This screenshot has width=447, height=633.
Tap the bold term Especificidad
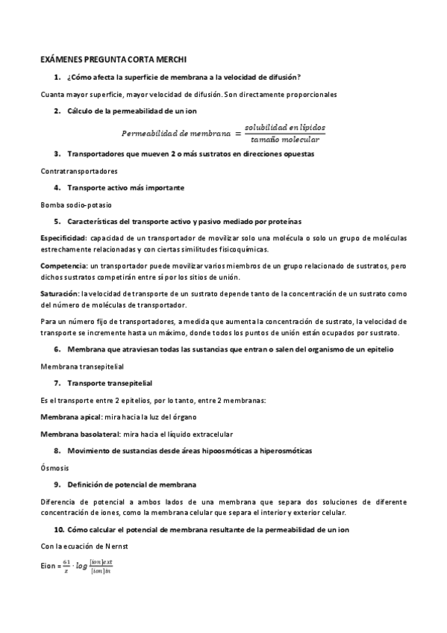coord(63,237)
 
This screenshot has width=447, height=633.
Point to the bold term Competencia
coord(63,266)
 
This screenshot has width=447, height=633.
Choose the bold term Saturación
coord(60,294)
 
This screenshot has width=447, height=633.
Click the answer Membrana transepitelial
coord(81,367)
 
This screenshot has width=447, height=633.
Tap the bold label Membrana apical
coord(70,416)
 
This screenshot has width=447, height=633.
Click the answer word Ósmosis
coord(54,467)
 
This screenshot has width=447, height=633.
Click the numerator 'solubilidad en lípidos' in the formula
coord(285,128)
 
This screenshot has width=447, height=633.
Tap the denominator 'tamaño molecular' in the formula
coord(285,140)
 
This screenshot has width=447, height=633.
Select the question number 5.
coord(57,221)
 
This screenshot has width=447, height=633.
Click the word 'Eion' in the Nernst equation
coord(49,567)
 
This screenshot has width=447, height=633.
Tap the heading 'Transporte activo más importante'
coord(125,187)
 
